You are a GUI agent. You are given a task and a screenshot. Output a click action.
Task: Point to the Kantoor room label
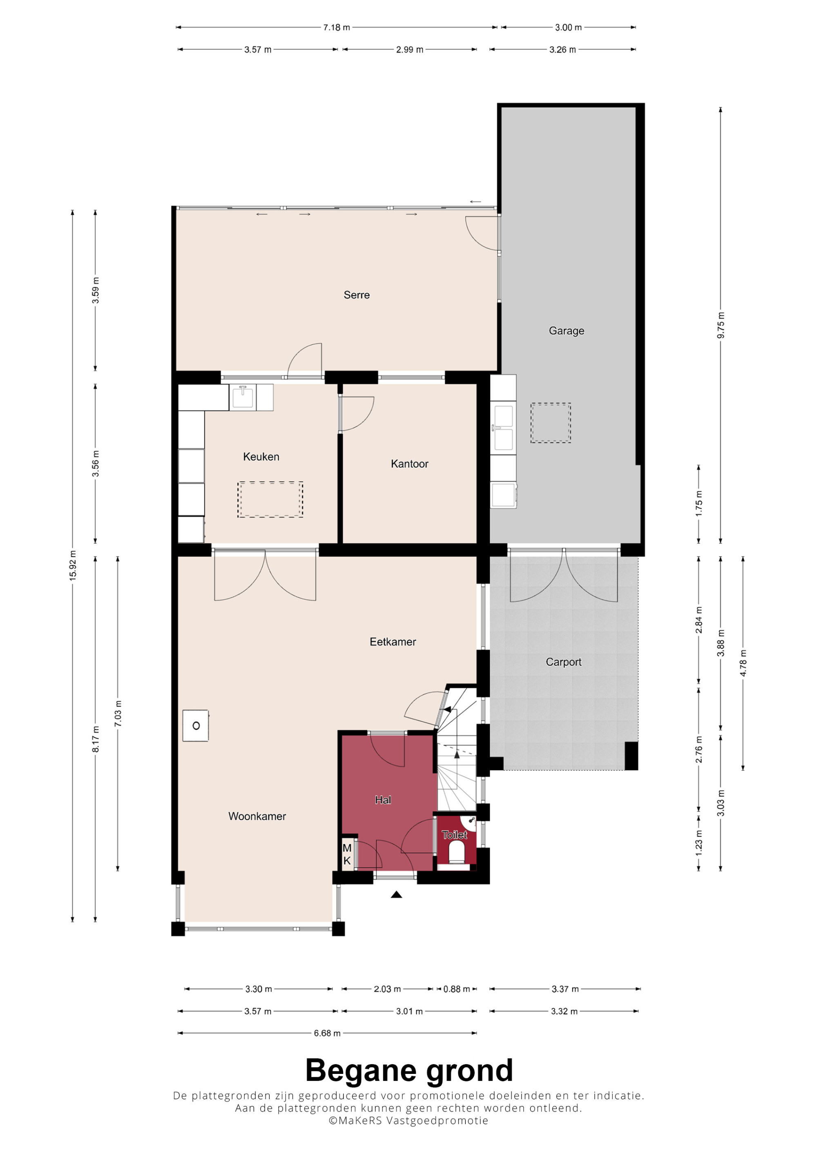point(409,464)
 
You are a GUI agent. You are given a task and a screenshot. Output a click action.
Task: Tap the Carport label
point(563,662)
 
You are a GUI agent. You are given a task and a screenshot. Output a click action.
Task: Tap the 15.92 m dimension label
point(73,566)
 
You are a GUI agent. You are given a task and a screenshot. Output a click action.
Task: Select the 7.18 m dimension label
point(336,27)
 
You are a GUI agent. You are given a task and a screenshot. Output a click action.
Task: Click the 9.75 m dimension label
point(721,325)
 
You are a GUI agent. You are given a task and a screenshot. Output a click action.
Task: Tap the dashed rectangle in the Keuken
point(270,500)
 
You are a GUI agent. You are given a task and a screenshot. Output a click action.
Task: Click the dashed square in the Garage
point(550,423)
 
